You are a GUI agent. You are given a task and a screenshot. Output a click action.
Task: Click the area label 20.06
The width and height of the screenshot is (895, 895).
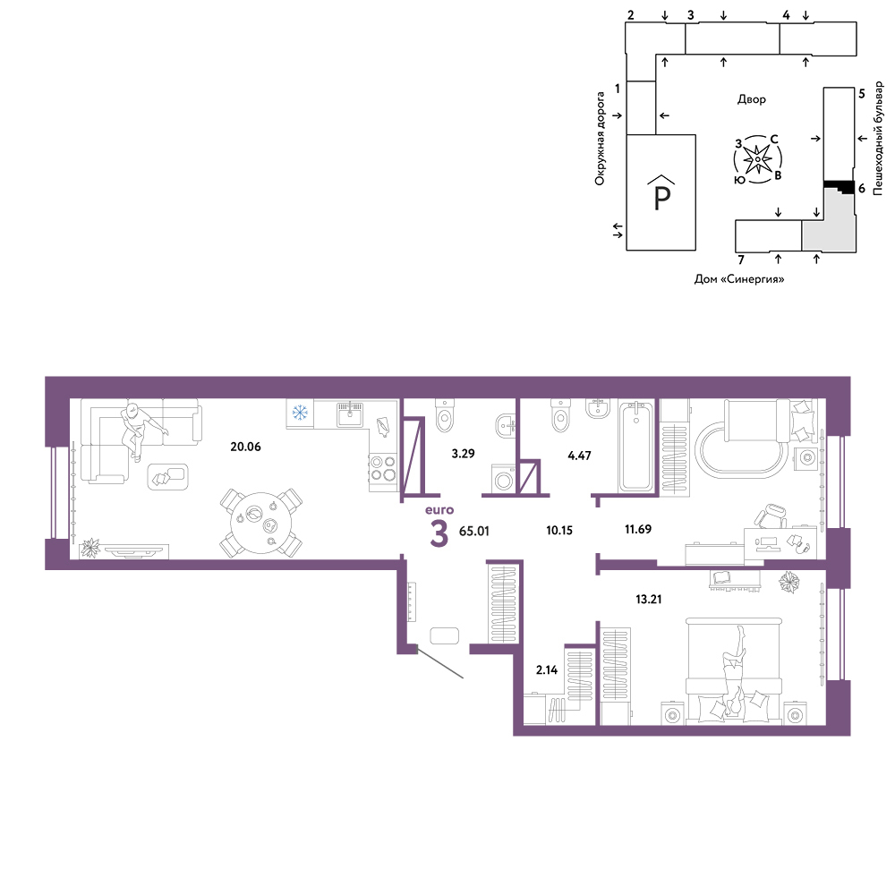pos(245,447)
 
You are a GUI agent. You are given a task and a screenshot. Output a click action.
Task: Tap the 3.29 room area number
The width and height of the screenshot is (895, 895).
pos(463,454)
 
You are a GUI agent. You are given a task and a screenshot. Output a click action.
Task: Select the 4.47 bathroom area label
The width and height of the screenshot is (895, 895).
pos(579,456)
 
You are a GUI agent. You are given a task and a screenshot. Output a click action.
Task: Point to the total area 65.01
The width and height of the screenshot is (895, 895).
pos(474,531)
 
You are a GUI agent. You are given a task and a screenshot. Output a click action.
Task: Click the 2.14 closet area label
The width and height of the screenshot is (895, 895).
pos(547,670)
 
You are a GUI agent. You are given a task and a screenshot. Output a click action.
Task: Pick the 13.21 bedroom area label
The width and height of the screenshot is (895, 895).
pos(649,600)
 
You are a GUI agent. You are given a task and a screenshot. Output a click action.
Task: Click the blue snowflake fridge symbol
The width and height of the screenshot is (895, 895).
pos(300,412)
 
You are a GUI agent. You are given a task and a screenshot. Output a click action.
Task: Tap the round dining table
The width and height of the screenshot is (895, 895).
pos(260,523)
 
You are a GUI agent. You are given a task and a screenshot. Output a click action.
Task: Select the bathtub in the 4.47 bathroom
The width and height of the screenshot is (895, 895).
pos(635,446)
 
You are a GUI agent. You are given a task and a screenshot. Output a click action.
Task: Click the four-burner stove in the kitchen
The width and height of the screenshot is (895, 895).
pos(383,468)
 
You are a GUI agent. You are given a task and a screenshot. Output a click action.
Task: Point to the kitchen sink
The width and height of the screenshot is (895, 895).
pos(349,414)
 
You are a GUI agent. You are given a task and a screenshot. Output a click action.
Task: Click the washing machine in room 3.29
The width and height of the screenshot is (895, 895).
pos(503,478)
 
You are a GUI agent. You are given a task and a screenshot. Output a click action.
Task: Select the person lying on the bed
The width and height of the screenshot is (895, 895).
pos(734,674)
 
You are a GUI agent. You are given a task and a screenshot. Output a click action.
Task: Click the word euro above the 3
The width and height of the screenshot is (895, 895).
pos(439,510)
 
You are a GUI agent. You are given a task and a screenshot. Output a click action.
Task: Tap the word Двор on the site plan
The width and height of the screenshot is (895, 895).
pos(751,99)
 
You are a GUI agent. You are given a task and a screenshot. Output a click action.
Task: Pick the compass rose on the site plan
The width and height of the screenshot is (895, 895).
pos(757,159)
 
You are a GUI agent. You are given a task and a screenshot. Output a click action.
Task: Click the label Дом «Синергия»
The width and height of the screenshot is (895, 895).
pos(739,279)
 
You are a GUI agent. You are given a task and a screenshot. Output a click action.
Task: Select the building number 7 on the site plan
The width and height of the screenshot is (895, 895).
pos(741,260)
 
